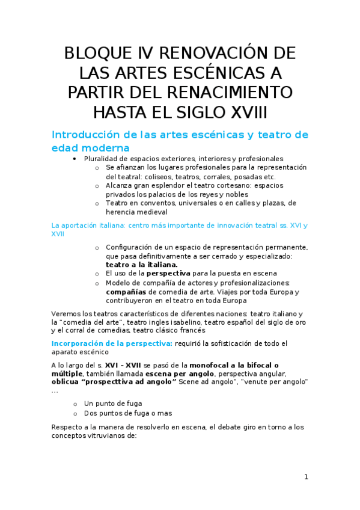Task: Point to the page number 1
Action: (x=306, y=477)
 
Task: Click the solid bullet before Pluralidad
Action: (x=74, y=158)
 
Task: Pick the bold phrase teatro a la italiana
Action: (x=141, y=264)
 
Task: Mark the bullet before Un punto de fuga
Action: (x=75, y=403)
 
